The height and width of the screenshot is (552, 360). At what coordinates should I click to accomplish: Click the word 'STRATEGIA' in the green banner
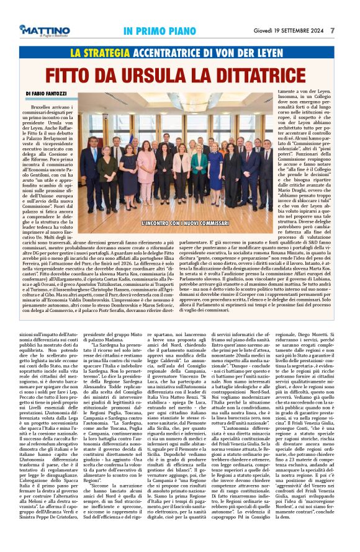click(x=110, y=53)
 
